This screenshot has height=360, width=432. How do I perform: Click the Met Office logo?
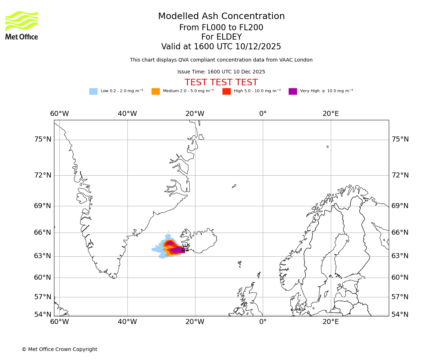click(x=22, y=25)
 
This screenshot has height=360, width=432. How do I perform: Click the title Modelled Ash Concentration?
click(x=221, y=17)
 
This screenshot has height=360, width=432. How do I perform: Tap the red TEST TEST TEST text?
click(x=221, y=83)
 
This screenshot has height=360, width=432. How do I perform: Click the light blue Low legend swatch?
click(x=93, y=91)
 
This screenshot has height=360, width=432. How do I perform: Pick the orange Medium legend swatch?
click(x=156, y=91)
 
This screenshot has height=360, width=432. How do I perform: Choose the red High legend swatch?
click(x=226, y=91)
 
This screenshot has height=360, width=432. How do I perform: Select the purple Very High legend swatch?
click(x=293, y=91)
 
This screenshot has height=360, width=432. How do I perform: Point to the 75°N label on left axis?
click(x=42, y=139)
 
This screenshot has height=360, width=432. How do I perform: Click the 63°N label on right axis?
click(x=400, y=256)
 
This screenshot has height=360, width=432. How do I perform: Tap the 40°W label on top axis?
click(x=127, y=114)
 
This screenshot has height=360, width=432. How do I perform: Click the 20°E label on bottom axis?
click(x=330, y=322)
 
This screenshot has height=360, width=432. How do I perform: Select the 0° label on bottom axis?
click(x=263, y=322)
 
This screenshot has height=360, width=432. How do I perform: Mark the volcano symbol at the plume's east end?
click(x=185, y=247)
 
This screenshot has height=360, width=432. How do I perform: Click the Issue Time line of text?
click(x=221, y=72)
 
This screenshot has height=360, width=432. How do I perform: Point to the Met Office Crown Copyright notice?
click(x=59, y=350)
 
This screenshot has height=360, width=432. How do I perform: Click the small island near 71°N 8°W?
click(x=234, y=186)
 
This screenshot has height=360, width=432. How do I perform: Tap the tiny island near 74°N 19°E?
click(x=328, y=147)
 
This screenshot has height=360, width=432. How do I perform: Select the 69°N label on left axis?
click(x=42, y=206)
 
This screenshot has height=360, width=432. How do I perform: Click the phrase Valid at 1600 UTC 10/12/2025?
click(x=221, y=47)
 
